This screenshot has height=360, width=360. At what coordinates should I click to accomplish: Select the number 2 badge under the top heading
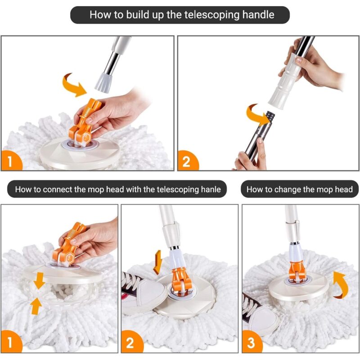point(187,161)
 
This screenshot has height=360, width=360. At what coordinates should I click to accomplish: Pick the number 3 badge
point(252,342)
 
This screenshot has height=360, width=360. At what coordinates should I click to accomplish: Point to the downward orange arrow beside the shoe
point(158,262)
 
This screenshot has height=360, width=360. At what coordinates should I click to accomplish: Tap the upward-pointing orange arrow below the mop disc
point(36,306)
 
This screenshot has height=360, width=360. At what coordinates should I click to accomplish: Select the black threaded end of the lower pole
point(270,116)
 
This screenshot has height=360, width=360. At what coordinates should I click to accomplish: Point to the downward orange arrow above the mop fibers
point(39,280)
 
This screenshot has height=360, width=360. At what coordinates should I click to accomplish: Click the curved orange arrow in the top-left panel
point(74,85)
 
